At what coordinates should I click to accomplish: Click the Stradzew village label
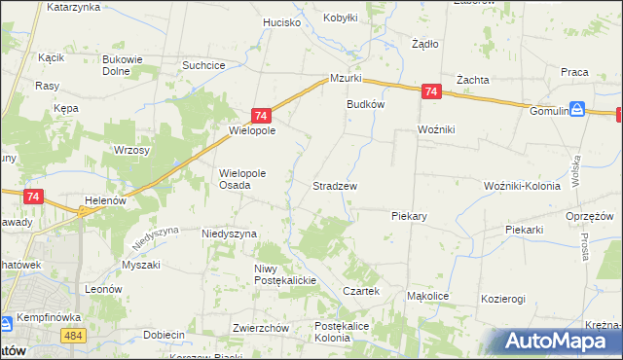334,186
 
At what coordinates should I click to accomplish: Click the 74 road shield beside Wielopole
261,115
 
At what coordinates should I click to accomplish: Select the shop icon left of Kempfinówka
5,322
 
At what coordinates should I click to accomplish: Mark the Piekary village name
411,216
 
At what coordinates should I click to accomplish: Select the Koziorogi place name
503,299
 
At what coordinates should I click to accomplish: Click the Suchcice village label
204,65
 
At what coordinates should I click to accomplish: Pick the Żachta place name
472,80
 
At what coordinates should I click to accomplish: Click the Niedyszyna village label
229,234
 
